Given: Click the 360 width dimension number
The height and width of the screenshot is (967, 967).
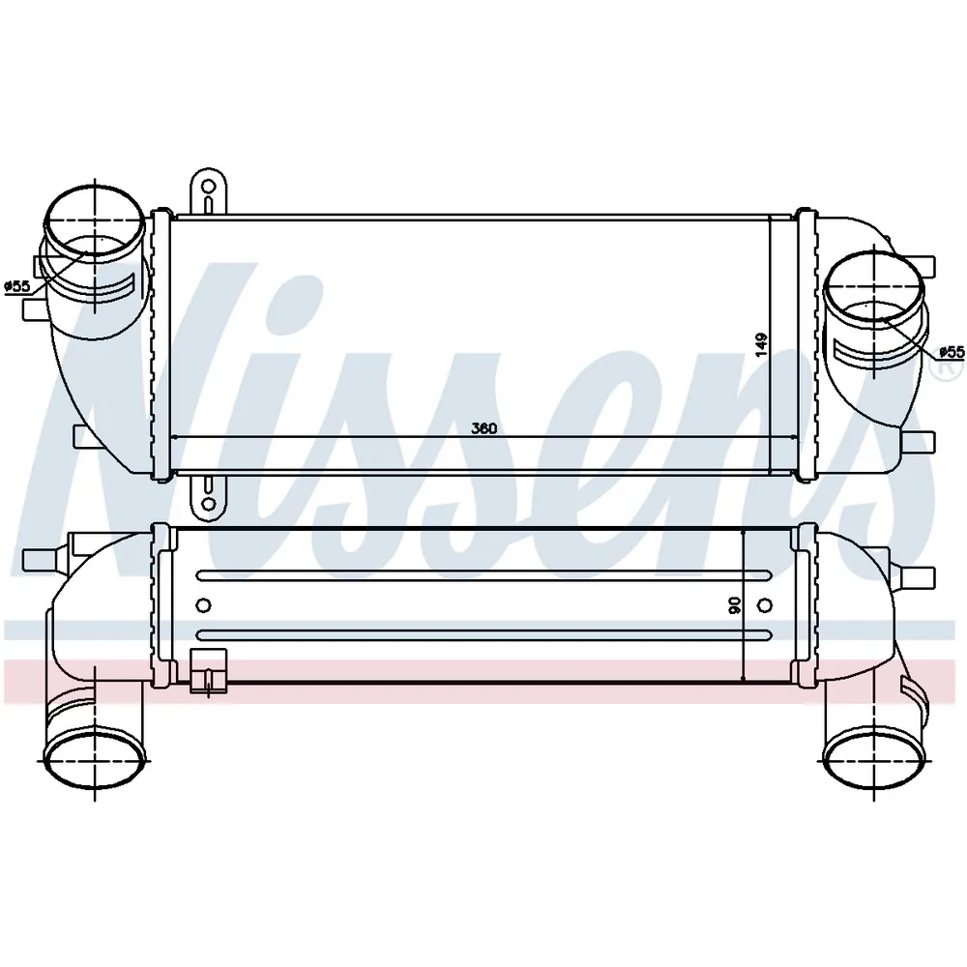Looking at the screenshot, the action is coord(483,428).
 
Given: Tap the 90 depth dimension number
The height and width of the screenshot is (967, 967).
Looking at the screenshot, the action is coord(735,605).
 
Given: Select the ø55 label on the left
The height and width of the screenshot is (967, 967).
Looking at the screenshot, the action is coord(16,286).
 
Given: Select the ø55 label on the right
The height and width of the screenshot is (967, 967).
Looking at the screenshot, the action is coord(952,352).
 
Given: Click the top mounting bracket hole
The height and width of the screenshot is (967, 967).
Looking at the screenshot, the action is coord(209,186).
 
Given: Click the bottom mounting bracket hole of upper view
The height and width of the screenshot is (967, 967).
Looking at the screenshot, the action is coord(209,504).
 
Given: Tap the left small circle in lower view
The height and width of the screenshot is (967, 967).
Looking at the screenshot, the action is coord(203,605).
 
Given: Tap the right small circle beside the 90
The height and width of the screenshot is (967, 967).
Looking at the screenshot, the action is coord(764,605).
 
